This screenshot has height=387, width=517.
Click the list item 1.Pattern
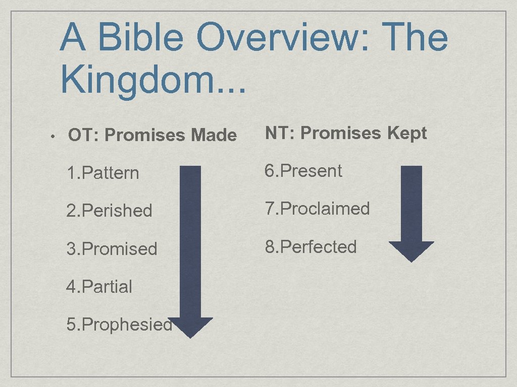(x=102, y=173)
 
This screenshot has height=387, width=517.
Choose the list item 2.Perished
(x=109, y=211)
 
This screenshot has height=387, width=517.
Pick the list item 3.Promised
(x=112, y=249)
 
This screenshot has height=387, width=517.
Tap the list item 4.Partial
(x=99, y=287)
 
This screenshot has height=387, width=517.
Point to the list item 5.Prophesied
(x=119, y=325)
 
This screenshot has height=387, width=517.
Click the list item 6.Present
(x=303, y=171)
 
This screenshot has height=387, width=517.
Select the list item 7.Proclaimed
(x=318, y=209)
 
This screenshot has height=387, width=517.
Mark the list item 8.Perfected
(x=311, y=247)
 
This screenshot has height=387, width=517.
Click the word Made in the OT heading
(x=214, y=135)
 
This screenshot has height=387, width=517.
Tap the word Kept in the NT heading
(x=407, y=133)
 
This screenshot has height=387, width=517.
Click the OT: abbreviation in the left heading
(x=84, y=135)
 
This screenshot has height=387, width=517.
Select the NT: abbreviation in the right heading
(x=281, y=133)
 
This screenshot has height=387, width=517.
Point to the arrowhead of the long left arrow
(x=190, y=327)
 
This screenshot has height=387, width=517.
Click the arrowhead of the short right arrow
(x=411, y=250)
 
